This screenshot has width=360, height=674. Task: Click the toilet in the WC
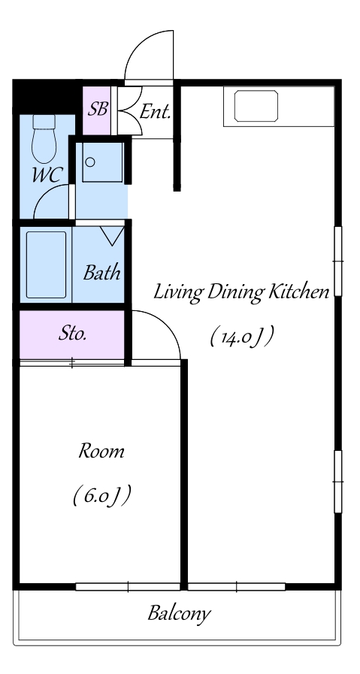44,138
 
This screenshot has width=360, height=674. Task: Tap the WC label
48,176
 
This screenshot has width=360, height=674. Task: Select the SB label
97,109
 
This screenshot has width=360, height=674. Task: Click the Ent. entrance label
156,112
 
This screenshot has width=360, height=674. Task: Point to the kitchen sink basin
256,106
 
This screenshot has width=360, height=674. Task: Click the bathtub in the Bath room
46,264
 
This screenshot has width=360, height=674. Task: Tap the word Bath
101,273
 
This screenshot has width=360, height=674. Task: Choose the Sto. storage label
73,334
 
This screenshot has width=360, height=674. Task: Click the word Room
101,452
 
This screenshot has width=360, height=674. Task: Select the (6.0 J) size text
101,496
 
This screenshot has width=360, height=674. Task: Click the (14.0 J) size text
242,337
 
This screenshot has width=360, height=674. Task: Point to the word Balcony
180,613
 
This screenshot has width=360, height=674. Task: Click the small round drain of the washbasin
90,162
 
